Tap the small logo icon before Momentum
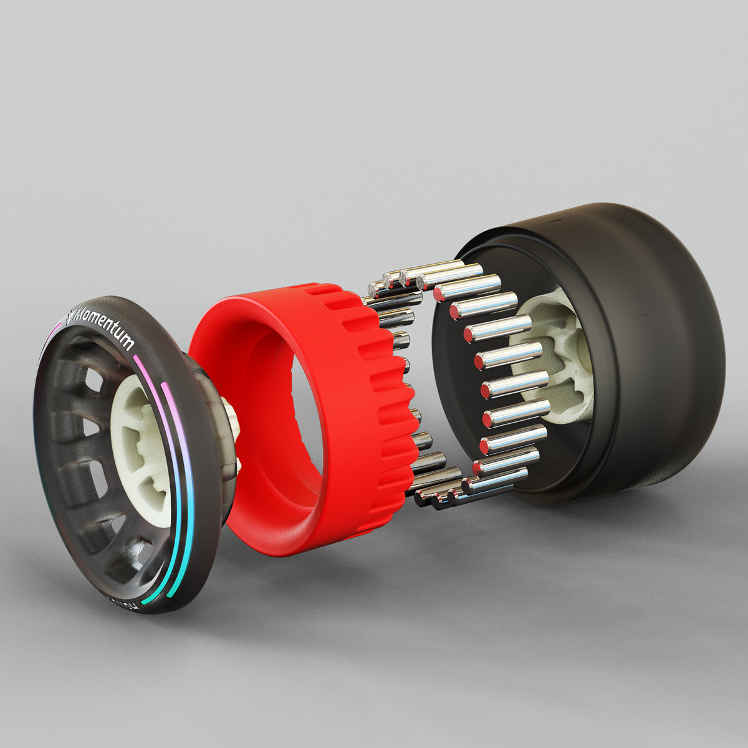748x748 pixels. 69,317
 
